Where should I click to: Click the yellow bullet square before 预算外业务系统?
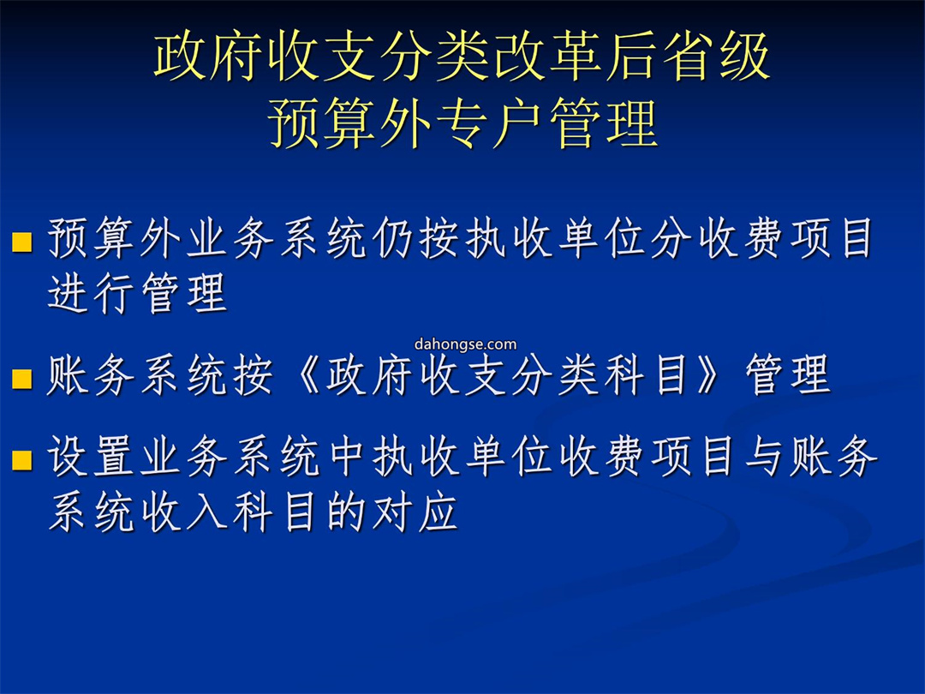click(21, 242)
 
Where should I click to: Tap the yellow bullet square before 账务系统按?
click(21, 379)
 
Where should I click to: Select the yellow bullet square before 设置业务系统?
click(21, 460)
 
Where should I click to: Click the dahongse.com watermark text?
click(465, 344)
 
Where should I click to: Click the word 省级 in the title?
click(715, 57)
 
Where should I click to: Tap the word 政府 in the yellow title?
click(207, 57)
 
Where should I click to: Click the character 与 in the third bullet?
click(764, 457)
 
